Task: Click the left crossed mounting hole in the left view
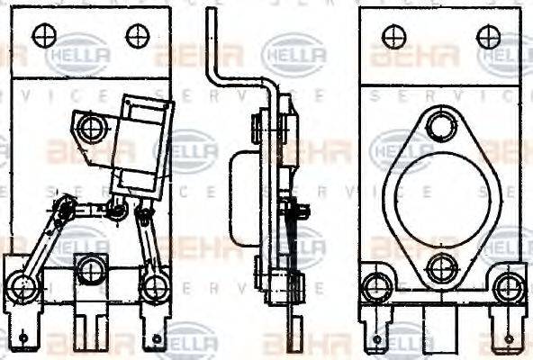[44, 35]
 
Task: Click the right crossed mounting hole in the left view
[137, 35]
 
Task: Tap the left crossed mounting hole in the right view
[393, 36]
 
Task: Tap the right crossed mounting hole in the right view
[488, 36]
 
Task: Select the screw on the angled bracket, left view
[91, 128]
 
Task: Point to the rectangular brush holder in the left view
[141, 144]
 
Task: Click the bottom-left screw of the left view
[24, 287]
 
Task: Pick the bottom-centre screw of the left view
[89, 269]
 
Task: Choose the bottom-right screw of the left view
[155, 287]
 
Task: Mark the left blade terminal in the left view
[24, 329]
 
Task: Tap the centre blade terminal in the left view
[89, 324]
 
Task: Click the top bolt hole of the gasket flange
[440, 126]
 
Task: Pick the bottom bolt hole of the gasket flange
[441, 267]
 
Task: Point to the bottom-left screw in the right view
[375, 288]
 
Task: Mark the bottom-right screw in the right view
[508, 288]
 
